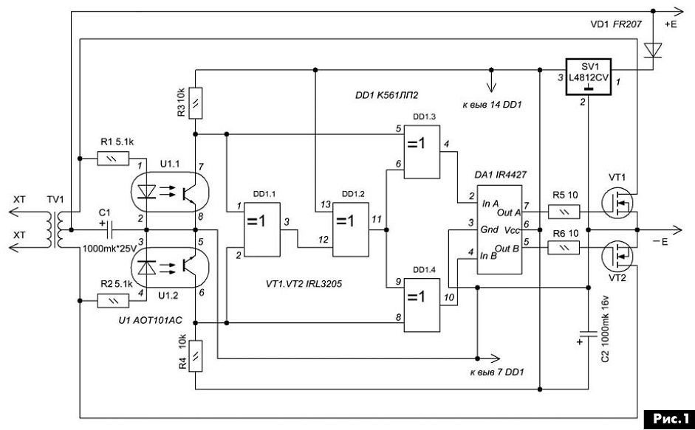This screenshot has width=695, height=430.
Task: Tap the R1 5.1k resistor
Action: pos(113,159)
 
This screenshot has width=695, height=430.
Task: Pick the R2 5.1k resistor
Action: pos(113,301)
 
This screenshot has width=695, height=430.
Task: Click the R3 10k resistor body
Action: pos(196,103)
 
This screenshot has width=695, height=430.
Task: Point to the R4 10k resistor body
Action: pos(196,356)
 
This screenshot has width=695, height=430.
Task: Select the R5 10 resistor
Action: pos(564,212)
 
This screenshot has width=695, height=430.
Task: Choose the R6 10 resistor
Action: pos(564,248)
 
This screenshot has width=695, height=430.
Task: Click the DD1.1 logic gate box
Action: pos(262,229)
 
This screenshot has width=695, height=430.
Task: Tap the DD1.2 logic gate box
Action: pos(351,229)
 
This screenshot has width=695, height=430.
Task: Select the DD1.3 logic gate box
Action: pos(422,152)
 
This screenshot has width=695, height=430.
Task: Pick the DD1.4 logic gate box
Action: pos(422,305)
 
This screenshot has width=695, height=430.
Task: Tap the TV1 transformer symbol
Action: pos(59,230)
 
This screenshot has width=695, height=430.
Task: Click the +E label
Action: pos(671,25)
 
